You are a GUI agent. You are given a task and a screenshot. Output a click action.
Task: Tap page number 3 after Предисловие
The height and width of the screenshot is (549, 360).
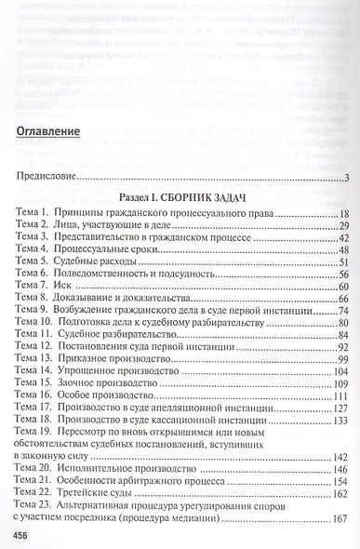coord(345,178)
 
